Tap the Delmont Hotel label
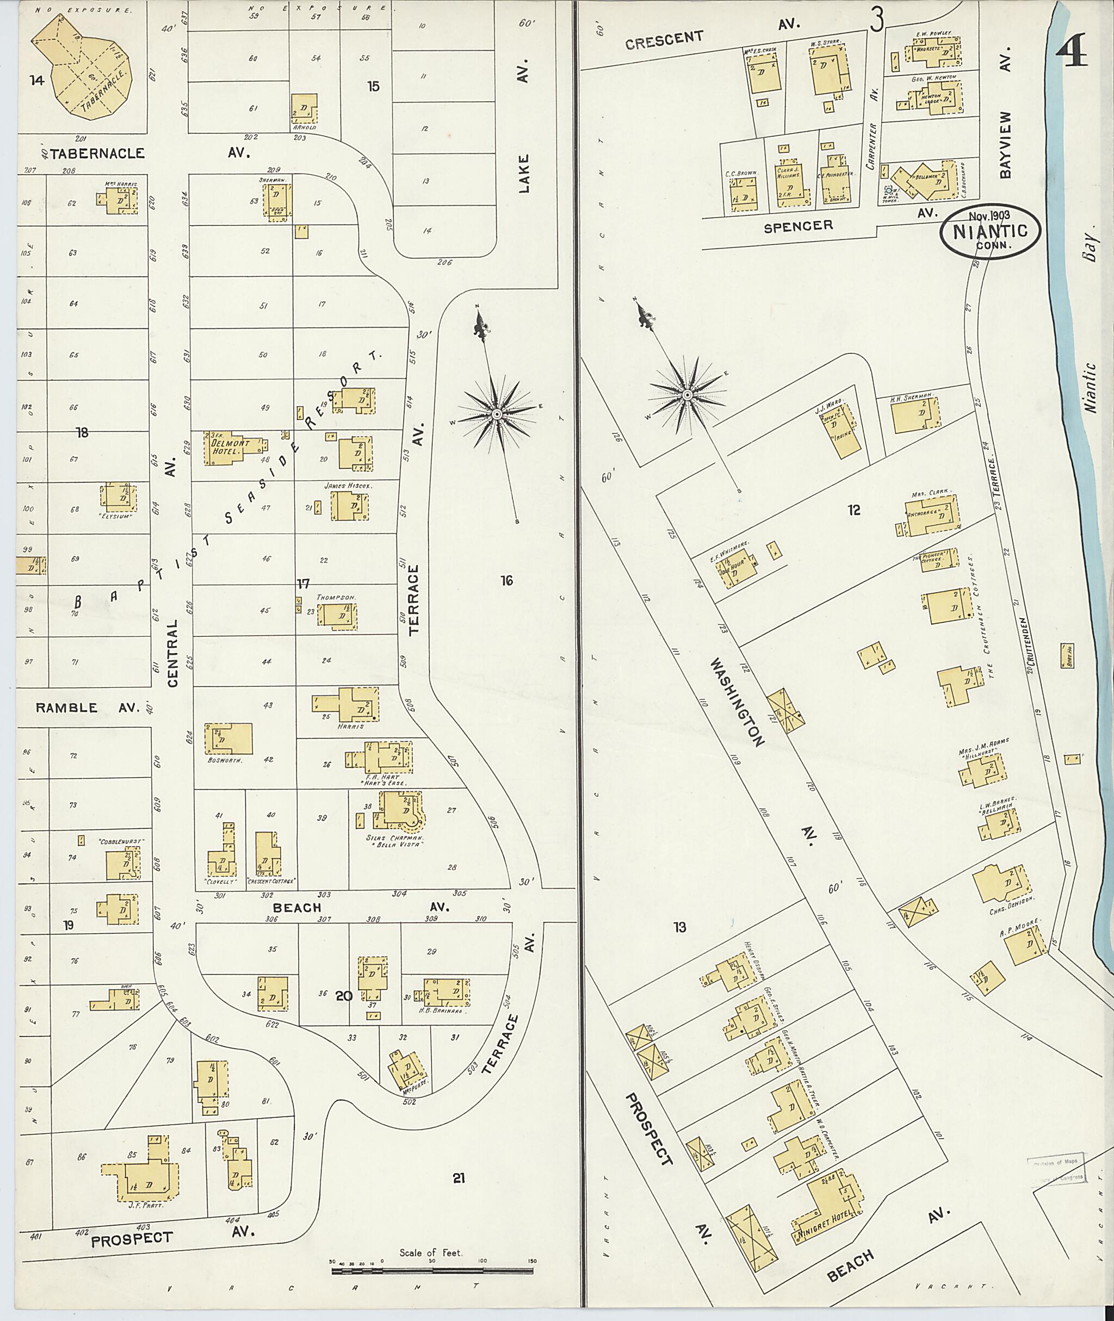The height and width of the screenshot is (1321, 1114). (226, 447)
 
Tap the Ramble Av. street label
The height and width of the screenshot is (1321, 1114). (86, 708)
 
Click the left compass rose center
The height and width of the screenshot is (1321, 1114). (497, 414)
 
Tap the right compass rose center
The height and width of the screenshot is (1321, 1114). (686, 395)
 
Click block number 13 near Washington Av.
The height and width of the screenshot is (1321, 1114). (679, 927)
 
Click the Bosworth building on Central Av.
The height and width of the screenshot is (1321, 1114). (228, 739)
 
